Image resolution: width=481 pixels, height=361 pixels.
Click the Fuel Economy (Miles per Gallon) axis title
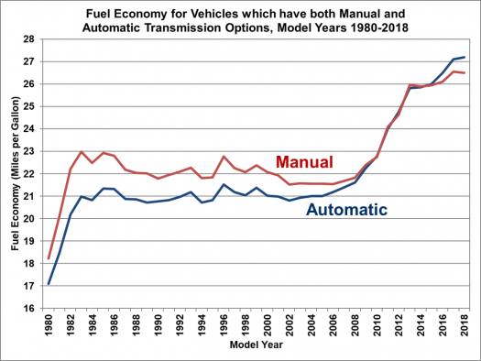click(x=14, y=173)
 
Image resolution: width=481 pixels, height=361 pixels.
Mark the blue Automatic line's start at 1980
click(x=49, y=284)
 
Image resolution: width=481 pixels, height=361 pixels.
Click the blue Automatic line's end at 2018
click(x=465, y=57)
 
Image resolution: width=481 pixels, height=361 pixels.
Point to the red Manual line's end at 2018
click(x=465, y=72)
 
